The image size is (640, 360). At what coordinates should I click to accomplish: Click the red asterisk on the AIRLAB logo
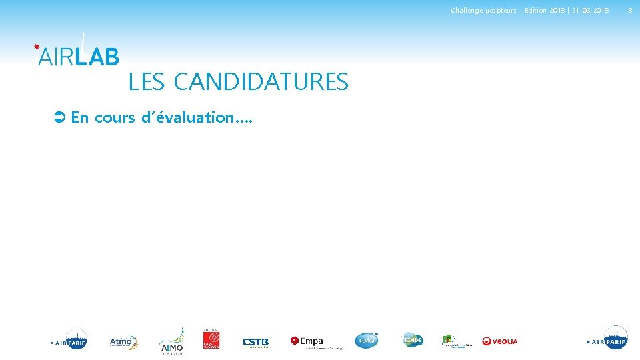tap(37, 47)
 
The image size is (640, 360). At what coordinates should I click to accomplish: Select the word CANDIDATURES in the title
tap(261, 82)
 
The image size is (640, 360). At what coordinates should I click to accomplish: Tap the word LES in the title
tap(147, 82)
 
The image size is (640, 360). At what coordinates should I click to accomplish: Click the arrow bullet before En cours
tap(58, 118)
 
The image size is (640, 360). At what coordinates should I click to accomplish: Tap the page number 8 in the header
tap(629, 10)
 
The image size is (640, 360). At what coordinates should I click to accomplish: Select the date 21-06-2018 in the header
tap(590, 10)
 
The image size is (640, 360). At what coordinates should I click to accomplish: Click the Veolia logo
tap(500, 341)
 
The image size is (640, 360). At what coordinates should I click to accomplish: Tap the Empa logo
tap(307, 341)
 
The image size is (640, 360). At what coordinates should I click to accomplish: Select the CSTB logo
tap(255, 342)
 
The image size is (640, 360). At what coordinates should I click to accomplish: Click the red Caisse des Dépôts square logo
tap(211, 339)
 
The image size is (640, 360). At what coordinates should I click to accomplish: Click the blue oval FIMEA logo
tap(366, 341)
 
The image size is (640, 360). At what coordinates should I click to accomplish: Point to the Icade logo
tap(413, 340)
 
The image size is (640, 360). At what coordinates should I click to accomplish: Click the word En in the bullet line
tap(80, 118)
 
